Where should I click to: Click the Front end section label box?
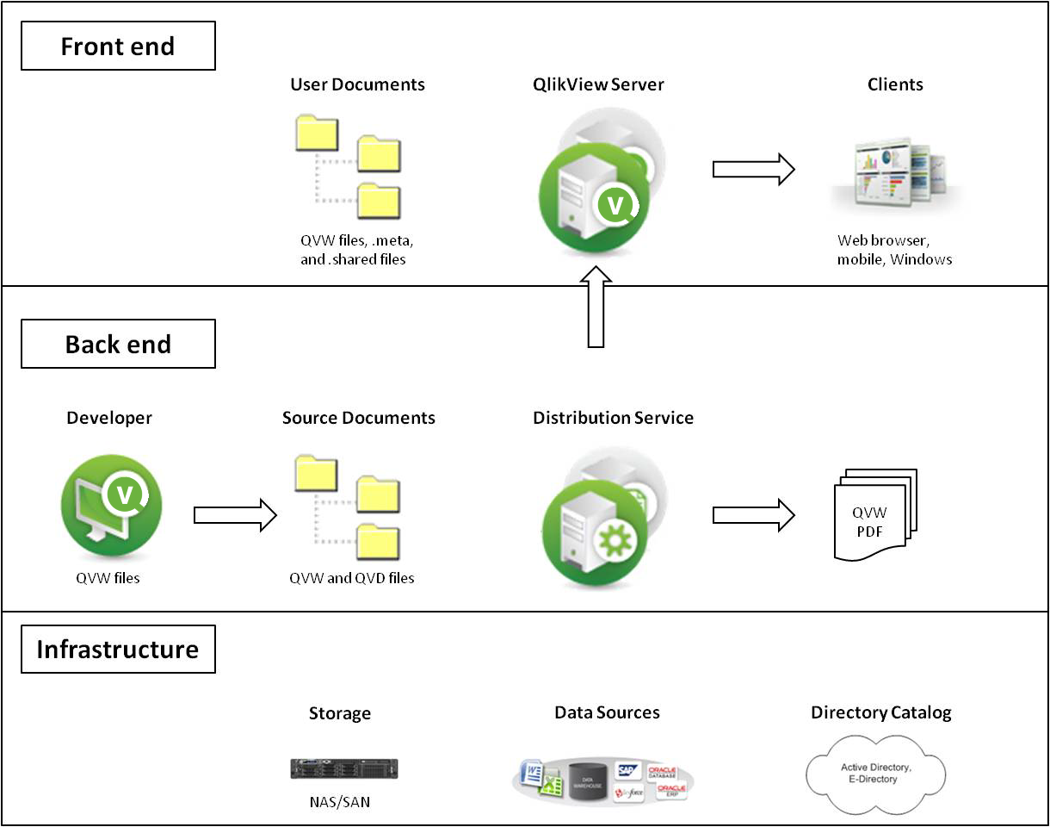pyautogui.click(x=118, y=47)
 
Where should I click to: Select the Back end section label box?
pyautogui.click(x=118, y=345)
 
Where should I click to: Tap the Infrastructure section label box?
pyautogui.click(x=118, y=649)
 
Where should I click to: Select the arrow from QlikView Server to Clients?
pyautogui.click(x=753, y=169)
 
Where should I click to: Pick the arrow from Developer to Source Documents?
pyautogui.click(x=235, y=515)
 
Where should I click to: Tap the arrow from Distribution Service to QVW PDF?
pyautogui.click(x=753, y=515)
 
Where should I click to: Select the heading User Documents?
pyautogui.click(x=357, y=84)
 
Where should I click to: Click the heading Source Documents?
pyautogui.click(x=359, y=418)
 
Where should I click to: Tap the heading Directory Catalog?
pyautogui.click(x=880, y=712)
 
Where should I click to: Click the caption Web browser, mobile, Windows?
pyautogui.click(x=894, y=250)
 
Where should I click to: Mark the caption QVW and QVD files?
pyautogui.click(x=352, y=578)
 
